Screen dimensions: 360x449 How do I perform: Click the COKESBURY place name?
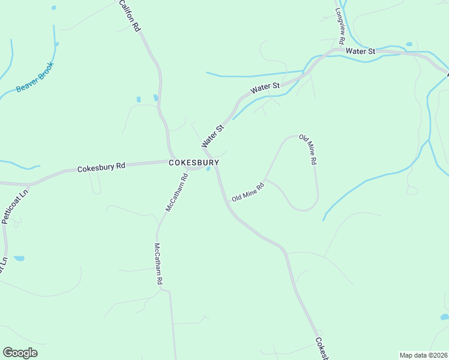tap(193, 163)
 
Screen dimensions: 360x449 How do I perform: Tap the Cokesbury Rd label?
tap(101, 167)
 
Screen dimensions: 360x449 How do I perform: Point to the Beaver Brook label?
tap(35, 77)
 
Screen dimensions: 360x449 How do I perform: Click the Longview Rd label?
tap(339, 25)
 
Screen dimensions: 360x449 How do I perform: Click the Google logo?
tap(20, 353)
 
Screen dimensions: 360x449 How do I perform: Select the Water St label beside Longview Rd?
tap(360, 52)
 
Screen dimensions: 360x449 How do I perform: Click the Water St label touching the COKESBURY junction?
tap(212, 136)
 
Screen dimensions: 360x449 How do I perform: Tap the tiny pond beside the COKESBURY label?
tap(208, 169)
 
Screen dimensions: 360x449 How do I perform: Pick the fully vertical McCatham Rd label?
tap(159, 263)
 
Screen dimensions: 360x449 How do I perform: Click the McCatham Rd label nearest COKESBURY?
tap(177, 192)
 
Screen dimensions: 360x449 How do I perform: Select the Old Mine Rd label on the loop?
tap(308, 150)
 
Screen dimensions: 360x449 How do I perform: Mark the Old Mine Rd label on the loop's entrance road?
tap(248, 192)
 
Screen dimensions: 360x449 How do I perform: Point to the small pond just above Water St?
tap(409, 44)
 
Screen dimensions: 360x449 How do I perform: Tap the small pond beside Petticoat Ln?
tap(19, 259)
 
